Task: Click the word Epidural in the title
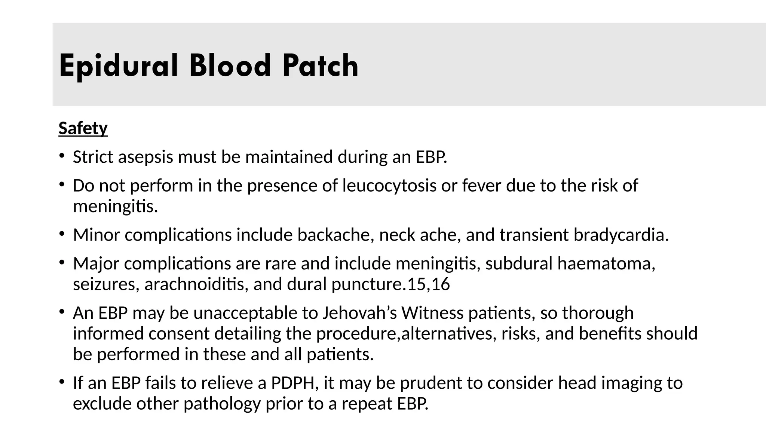click(x=118, y=66)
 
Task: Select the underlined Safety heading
click(x=83, y=128)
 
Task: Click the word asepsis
click(x=145, y=157)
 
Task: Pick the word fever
click(x=481, y=186)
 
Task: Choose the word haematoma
click(x=606, y=264)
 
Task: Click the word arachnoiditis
click(x=196, y=284)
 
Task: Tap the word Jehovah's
click(x=359, y=313)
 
